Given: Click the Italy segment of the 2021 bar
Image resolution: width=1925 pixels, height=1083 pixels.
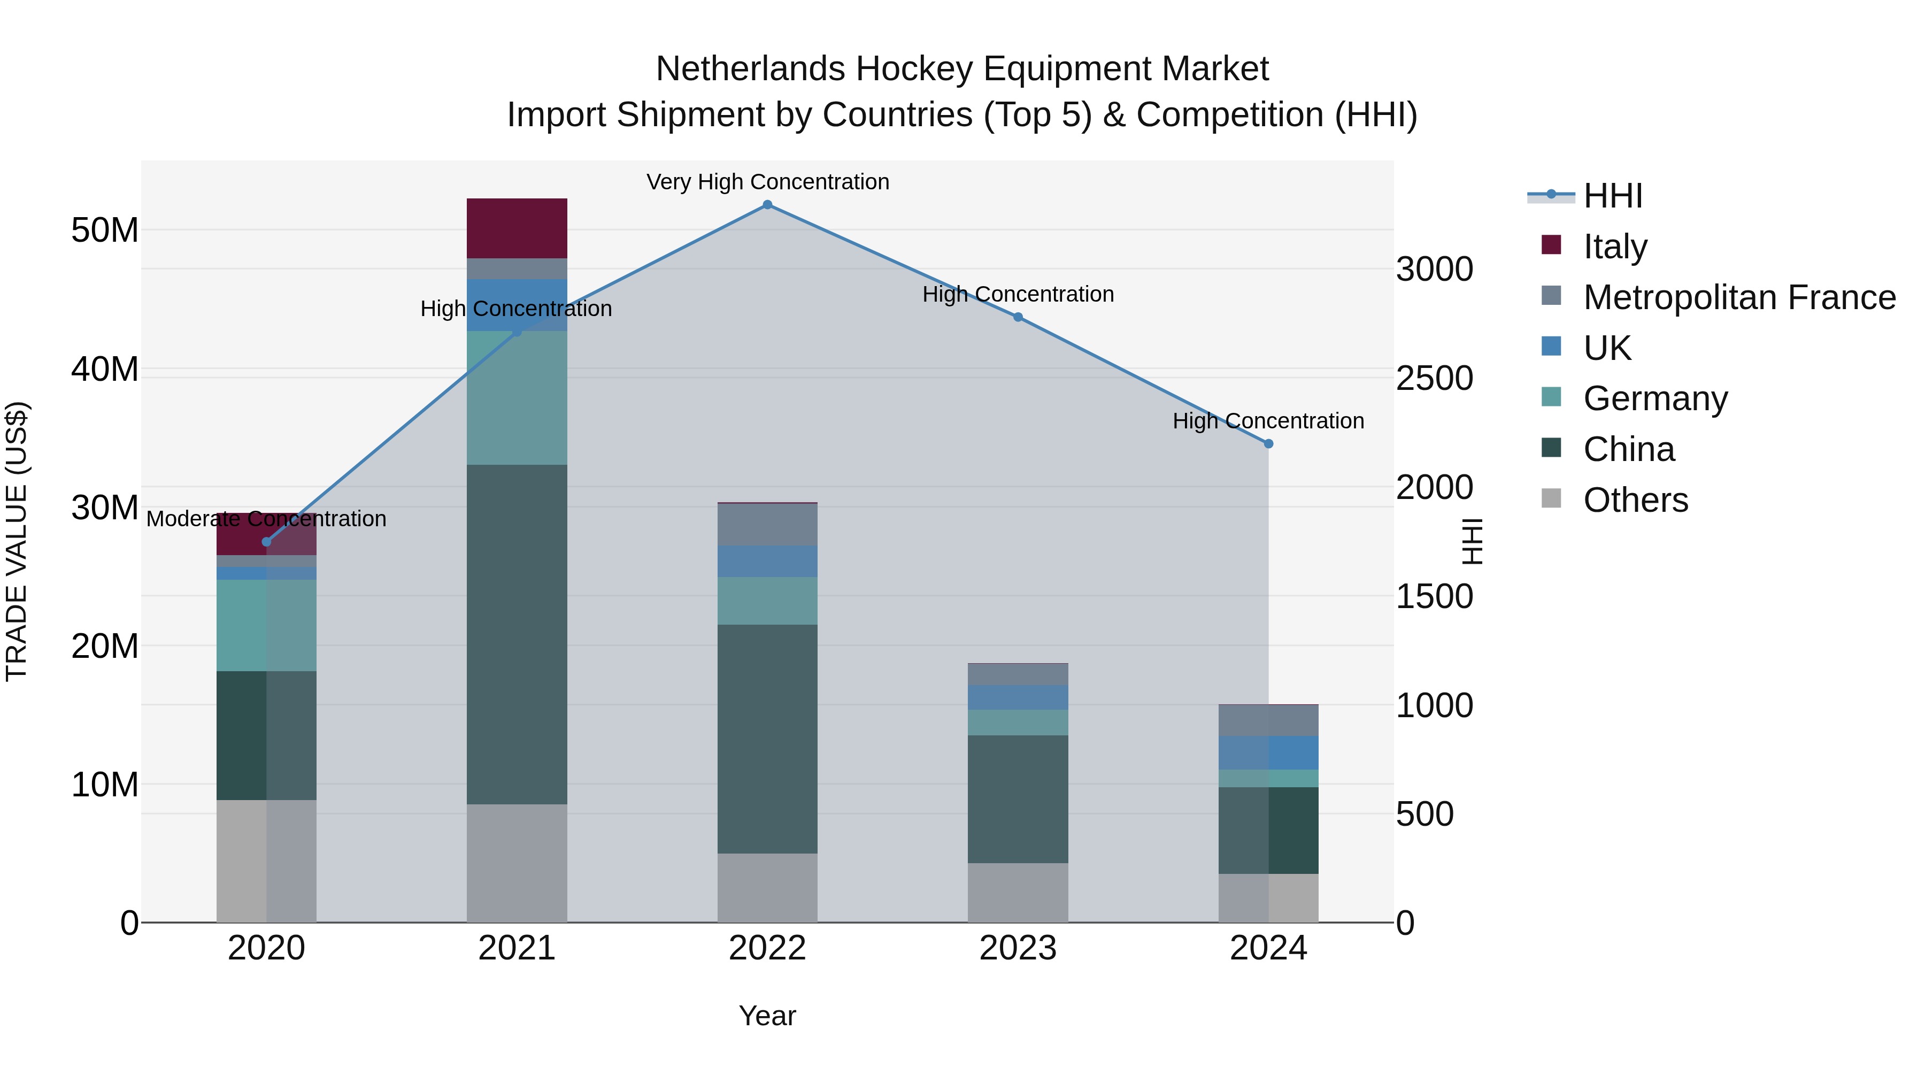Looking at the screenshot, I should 517,228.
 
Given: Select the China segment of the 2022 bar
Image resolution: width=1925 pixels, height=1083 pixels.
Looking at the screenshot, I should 767,739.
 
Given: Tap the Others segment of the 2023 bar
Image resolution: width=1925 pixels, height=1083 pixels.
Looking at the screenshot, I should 1017,893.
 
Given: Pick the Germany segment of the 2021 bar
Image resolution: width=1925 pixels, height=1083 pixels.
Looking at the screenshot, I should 517,397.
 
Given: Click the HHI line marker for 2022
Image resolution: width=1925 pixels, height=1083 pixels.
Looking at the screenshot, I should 767,205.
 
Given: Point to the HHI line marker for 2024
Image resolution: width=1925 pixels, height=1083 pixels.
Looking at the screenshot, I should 1268,444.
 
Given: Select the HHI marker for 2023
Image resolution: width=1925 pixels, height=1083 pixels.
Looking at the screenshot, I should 1017,318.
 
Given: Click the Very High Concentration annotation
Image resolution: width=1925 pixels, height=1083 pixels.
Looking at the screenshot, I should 767,182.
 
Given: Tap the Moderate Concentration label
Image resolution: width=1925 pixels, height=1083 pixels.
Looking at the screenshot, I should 266,519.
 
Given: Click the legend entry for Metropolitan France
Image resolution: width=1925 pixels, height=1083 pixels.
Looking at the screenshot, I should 1739,297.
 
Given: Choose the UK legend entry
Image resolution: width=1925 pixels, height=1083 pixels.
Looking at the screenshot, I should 1607,348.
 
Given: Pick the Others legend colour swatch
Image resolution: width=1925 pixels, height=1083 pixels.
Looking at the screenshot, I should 1551,498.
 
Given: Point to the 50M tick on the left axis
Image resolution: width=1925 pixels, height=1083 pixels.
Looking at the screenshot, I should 105,230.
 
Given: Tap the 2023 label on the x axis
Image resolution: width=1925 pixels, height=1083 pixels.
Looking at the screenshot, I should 1017,948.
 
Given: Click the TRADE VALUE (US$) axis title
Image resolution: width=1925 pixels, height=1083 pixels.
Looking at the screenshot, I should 17,541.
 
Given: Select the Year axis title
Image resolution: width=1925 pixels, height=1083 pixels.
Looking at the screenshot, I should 767,1016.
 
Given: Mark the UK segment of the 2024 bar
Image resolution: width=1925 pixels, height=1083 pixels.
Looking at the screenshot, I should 1268,752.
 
